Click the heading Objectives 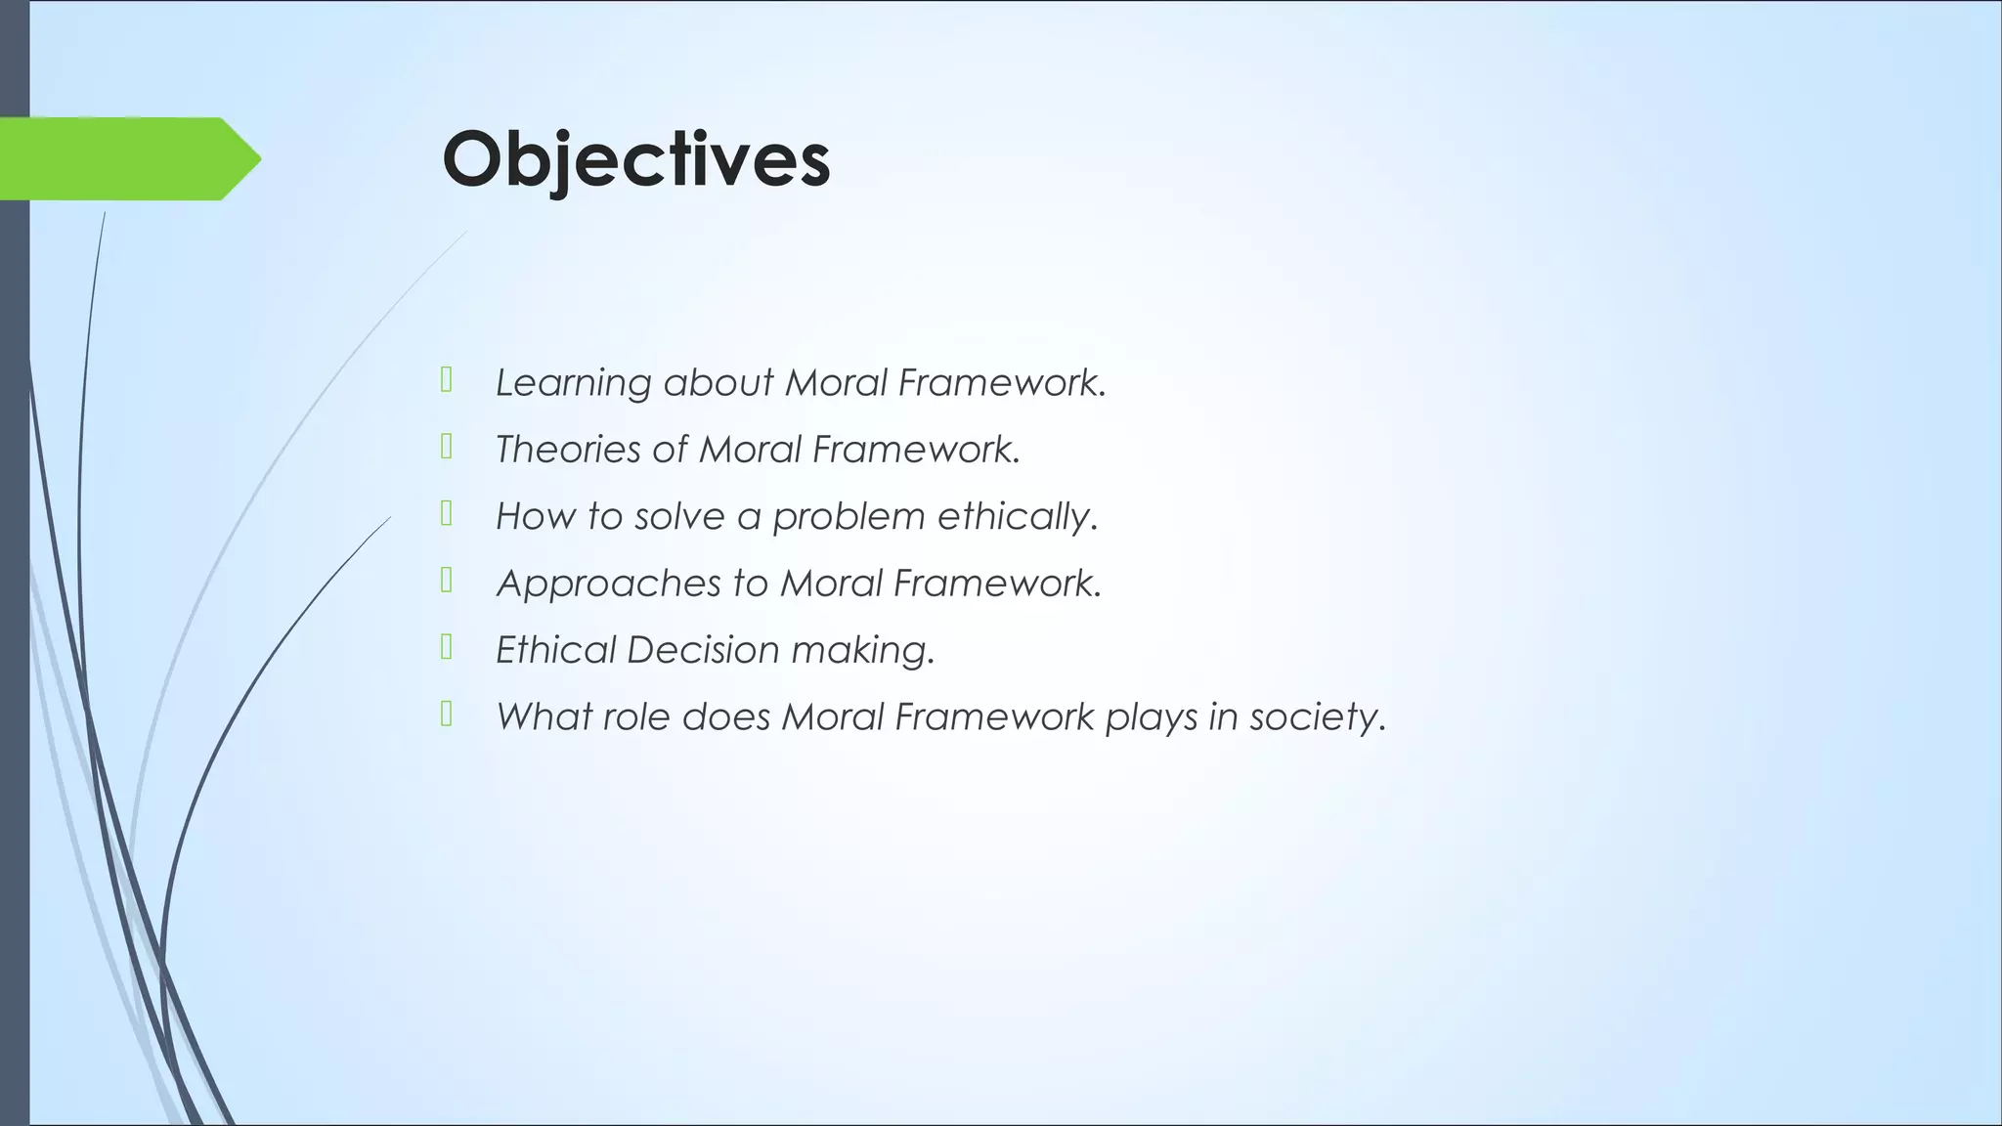[x=635, y=159]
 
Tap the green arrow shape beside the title [x=127, y=158]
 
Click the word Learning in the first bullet [x=573, y=382]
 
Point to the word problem [x=848, y=516]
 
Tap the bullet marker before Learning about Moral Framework [x=447, y=379]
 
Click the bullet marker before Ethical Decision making [x=447, y=647]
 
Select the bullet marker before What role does [x=447, y=715]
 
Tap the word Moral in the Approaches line [x=831, y=584]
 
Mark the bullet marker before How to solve [x=447, y=513]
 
